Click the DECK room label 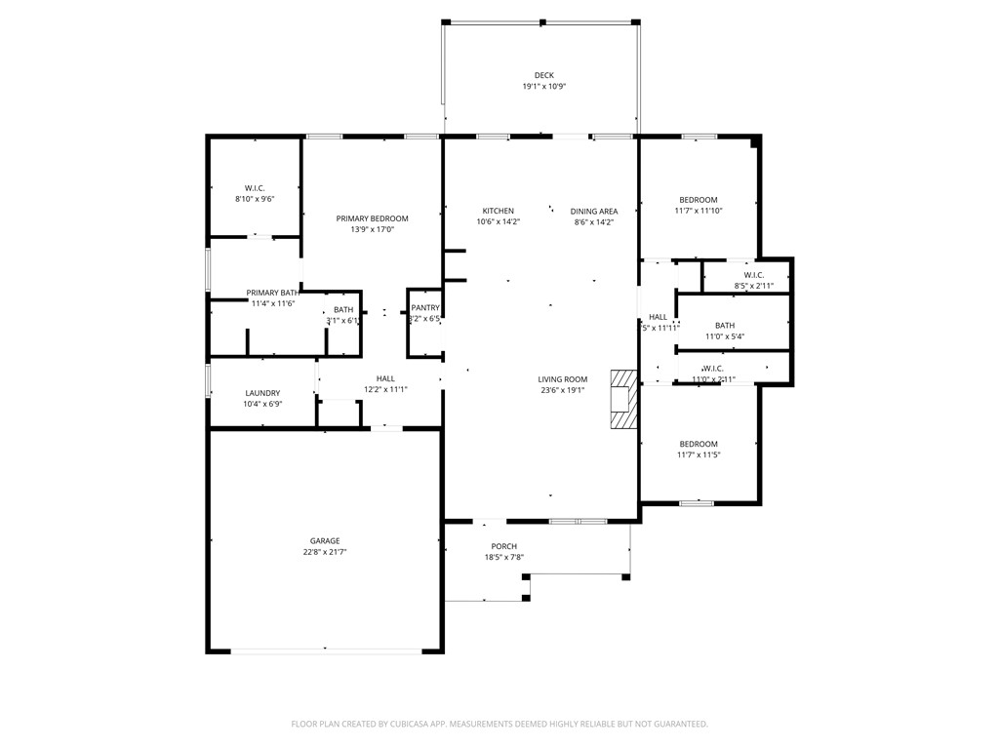pyautogui.click(x=543, y=75)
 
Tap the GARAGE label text pyautogui.click(x=325, y=540)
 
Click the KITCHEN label pyautogui.click(x=498, y=211)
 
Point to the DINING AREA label pyautogui.click(x=594, y=211)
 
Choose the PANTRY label pyautogui.click(x=425, y=308)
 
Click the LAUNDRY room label pyautogui.click(x=262, y=393)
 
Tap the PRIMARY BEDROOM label pyautogui.click(x=372, y=218)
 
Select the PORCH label pyautogui.click(x=504, y=546)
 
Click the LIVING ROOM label pyautogui.click(x=562, y=379)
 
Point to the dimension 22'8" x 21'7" pyautogui.click(x=325, y=552)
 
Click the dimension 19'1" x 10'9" pyautogui.click(x=543, y=87)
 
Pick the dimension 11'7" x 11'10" pyautogui.click(x=699, y=211)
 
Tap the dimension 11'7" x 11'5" pyautogui.click(x=699, y=454)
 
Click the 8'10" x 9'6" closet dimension pyautogui.click(x=255, y=199)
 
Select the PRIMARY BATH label pyautogui.click(x=272, y=293)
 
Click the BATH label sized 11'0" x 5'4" pyautogui.click(x=725, y=326)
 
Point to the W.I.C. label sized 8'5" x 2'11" pyautogui.click(x=753, y=275)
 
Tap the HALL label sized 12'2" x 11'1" pyautogui.click(x=385, y=378)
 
